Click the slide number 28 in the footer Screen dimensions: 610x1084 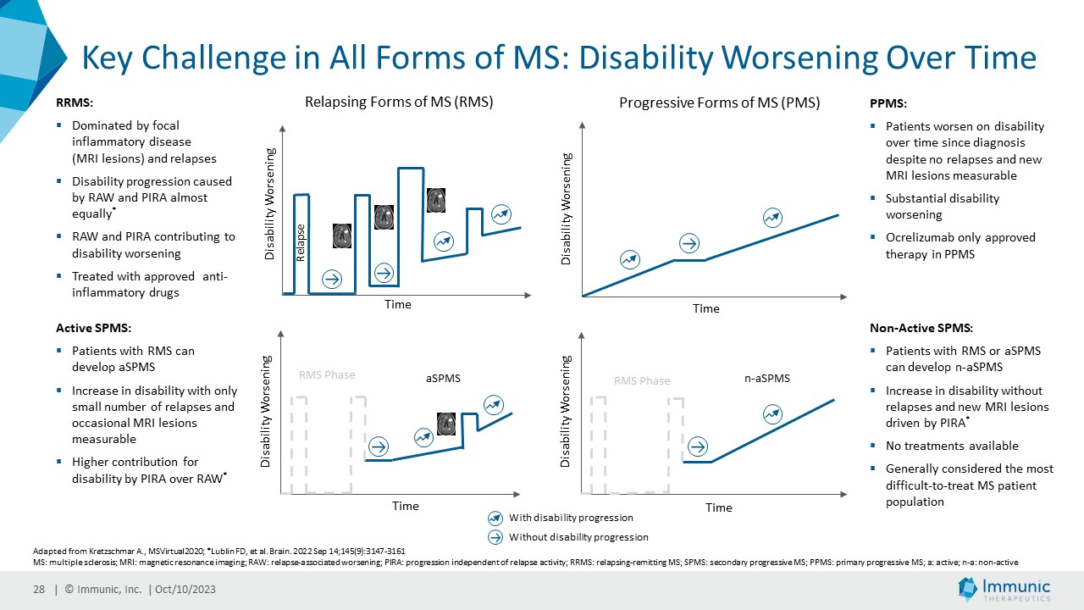click(39, 590)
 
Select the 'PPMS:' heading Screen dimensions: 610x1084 click(888, 104)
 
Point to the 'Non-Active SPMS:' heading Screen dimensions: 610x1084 click(921, 328)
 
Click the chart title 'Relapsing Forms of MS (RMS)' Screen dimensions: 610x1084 click(398, 102)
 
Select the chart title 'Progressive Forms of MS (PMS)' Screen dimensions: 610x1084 click(719, 103)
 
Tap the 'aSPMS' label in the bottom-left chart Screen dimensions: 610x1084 click(443, 379)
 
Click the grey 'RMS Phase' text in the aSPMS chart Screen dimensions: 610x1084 click(327, 375)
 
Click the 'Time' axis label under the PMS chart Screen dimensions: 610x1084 click(705, 309)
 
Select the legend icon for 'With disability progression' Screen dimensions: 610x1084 click(495, 518)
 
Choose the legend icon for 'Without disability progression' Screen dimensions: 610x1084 click(495, 537)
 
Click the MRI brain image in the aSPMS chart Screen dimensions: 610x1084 click(446, 424)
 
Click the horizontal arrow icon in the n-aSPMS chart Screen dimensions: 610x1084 click(699, 446)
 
